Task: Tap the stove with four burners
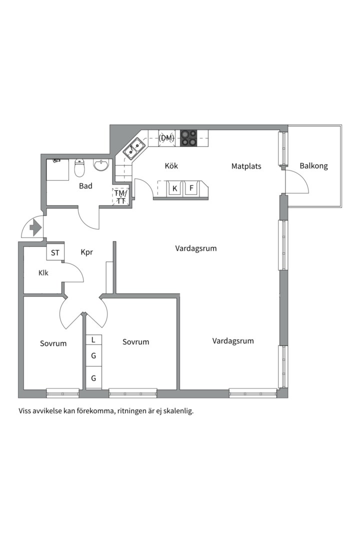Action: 188,138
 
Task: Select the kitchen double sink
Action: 135,148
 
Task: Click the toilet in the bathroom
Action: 79,168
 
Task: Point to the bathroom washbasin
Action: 101,165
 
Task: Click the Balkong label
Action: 313,166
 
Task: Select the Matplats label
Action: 246,166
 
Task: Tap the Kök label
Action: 171,166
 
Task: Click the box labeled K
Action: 174,188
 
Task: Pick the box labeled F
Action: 191,188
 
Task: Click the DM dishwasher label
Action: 166,138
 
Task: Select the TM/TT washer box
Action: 120,196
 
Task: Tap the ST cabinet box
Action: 55,252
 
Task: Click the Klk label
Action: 43,273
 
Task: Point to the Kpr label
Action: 87,252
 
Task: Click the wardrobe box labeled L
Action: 93,340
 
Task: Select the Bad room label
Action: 85,186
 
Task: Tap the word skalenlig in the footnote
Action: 176,411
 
